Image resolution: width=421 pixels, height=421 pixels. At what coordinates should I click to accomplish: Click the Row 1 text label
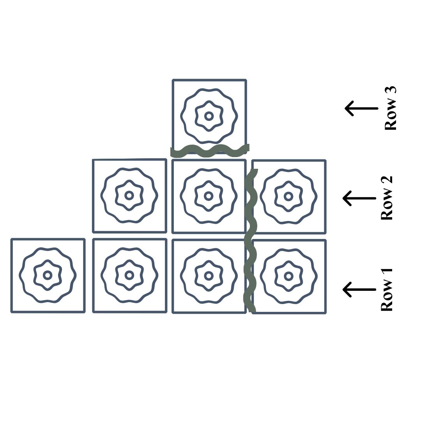pyautogui.click(x=387, y=289)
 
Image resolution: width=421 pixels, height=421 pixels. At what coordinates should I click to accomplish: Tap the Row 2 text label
pyautogui.click(x=387, y=198)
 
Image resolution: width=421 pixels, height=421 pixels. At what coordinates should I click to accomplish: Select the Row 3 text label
pyautogui.click(x=390, y=108)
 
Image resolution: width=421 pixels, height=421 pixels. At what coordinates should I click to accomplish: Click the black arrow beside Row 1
pyautogui.click(x=359, y=289)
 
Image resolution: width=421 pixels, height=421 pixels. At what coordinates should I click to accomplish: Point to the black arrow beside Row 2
pyautogui.click(x=359, y=198)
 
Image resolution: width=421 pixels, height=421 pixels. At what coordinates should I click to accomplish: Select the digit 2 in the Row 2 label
pyautogui.click(x=387, y=180)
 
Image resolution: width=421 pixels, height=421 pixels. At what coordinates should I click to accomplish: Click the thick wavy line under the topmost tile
pyautogui.click(x=209, y=150)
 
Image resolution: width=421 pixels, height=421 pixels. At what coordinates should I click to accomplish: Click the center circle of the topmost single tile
pyautogui.click(x=209, y=116)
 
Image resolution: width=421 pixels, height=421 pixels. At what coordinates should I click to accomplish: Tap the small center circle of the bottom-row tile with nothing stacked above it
pyautogui.click(x=48, y=275)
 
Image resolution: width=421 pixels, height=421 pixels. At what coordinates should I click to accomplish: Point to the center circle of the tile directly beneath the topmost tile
pyautogui.click(x=209, y=196)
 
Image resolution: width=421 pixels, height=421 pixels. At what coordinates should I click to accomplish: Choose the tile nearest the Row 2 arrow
pyautogui.click(x=288, y=196)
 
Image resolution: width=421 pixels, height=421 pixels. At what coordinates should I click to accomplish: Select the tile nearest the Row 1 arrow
pyautogui.click(x=289, y=276)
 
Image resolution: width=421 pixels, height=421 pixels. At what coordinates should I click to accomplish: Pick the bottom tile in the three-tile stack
pyautogui.click(x=209, y=276)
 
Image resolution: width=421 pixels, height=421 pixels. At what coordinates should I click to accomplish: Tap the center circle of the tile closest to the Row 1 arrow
pyautogui.click(x=288, y=276)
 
